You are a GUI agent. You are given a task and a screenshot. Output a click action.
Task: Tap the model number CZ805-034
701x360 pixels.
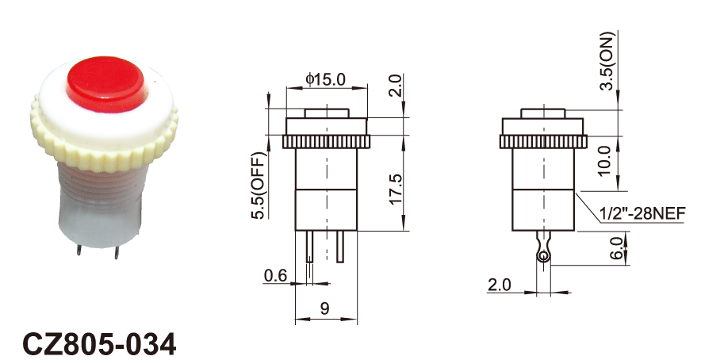[100, 344]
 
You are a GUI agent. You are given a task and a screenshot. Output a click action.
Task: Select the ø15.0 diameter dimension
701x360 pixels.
[325, 79]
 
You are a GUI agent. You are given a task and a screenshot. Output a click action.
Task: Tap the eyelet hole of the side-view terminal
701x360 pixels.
[542, 255]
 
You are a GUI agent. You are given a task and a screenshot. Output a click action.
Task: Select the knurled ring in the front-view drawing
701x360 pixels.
[326, 142]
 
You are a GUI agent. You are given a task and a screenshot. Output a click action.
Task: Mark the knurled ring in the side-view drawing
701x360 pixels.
[543, 142]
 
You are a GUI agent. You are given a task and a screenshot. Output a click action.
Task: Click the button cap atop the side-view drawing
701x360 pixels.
[543, 113]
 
